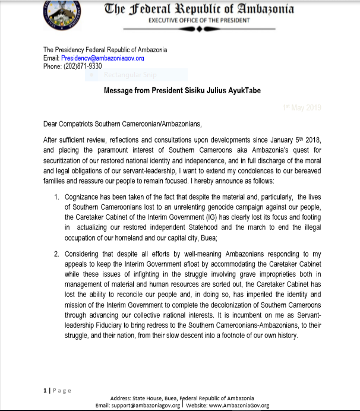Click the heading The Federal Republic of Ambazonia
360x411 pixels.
(199, 9)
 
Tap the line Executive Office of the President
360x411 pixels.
(199, 21)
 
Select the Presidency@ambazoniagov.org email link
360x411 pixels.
(102, 58)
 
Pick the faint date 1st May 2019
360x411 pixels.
(302, 108)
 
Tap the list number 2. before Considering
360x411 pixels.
(56, 254)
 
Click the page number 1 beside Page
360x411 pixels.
(45, 390)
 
